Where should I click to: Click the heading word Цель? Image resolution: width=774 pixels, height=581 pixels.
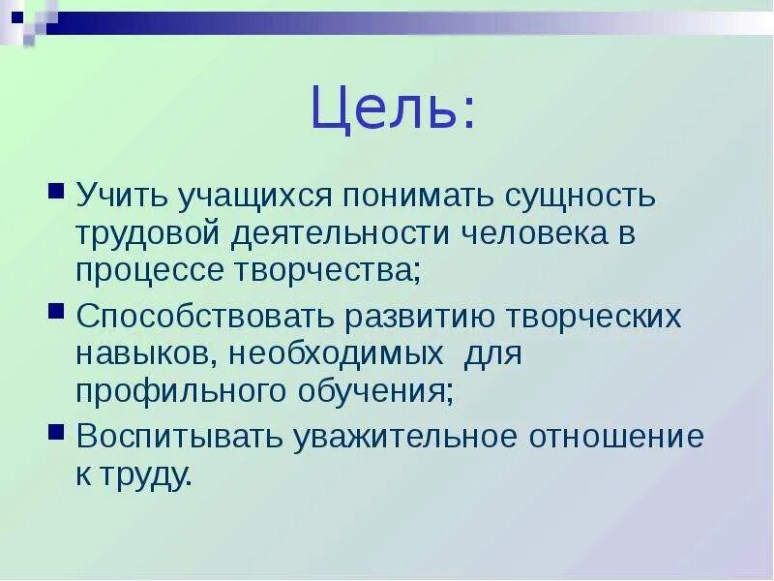pos(393,111)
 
